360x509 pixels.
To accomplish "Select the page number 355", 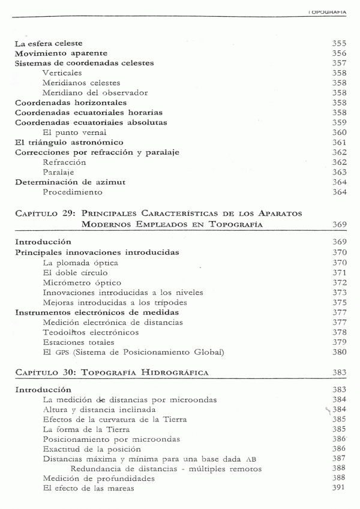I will click(x=340, y=43).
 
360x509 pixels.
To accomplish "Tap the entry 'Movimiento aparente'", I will click(x=56, y=53).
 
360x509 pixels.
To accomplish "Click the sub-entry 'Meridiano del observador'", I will click(x=95, y=92).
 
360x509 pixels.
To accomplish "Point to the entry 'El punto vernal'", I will click(x=74, y=132).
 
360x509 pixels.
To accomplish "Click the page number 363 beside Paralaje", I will click(x=340, y=171).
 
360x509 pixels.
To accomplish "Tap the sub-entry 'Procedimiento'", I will click(x=73, y=192).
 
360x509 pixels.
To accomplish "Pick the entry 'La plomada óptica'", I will click(x=80, y=263).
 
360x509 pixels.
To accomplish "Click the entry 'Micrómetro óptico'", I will click(x=82, y=282).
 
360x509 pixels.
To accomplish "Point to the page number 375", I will click(x=340, y=303).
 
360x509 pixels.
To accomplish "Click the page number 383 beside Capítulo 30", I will click(x=340, y=372).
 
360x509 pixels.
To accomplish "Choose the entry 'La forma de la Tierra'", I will click(x=86, y=429).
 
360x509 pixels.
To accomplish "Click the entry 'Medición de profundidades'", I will click(x=91, y=478).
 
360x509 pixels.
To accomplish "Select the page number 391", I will click(x=340, y=488).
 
